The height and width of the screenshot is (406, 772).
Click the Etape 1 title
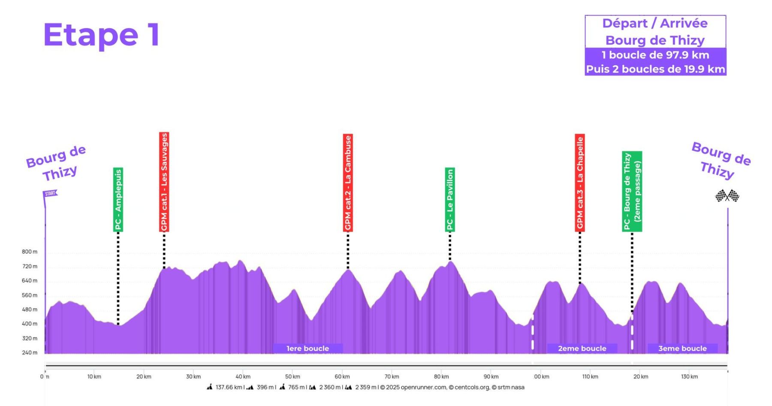click(x=101, y=35)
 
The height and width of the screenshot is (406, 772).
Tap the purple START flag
click(x=50, y=194)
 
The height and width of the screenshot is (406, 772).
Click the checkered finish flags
click(x=727, y=196)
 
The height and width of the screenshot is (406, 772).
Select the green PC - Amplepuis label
click(x=118, y=199)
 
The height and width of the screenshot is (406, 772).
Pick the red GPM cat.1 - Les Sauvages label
click(x=164, y=182)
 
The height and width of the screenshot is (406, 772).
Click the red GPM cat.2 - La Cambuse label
click(x=348, y=183)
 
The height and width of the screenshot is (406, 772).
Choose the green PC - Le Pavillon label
click(x=450, y=199)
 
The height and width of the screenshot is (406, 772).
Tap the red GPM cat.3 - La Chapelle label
click(x=580, y=183)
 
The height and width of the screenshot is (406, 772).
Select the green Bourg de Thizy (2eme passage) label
click(x=632, y=191)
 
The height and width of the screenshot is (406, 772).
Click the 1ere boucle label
click(x=308, y=349)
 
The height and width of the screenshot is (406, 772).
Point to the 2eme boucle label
click(x=582, y=349)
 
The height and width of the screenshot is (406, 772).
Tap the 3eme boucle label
click(x=682, y=349)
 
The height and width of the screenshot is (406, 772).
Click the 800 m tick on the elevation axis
click(x=30, y=252)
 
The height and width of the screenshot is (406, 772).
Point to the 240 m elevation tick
click(x=30, y=352)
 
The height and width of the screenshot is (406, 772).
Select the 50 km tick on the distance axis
click(x=293, y=377)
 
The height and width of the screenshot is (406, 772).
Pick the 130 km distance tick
click(x=689, y=377)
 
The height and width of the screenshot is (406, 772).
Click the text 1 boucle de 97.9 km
click(x=655, y=55)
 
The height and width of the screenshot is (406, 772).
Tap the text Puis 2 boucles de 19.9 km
click(x=655, y=69)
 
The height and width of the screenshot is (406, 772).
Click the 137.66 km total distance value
click(x=229, y=388)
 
